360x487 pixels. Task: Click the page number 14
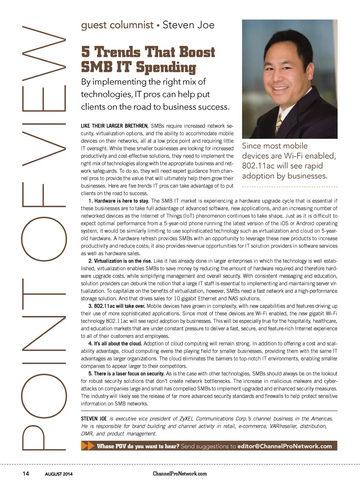tap(25, 474)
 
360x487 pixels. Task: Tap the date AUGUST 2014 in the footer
tap(59, 474)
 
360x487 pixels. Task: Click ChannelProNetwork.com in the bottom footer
tap(180, 474)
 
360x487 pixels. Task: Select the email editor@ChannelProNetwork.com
tap(285, 446)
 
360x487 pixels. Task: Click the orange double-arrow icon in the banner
tap(88, 446)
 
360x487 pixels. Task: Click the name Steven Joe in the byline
tap(188, 25)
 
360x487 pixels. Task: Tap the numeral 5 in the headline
tap(85, 52)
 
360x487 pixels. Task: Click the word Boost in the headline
tap(197, 52)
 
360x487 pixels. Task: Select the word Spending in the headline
tap(166, 67)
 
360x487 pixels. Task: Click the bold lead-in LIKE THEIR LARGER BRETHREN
tap(115, 126)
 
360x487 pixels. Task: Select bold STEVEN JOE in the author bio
tap(94, 418)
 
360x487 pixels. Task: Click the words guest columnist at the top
tap(117, 25)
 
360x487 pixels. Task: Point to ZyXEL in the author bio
tap(186, 418)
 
